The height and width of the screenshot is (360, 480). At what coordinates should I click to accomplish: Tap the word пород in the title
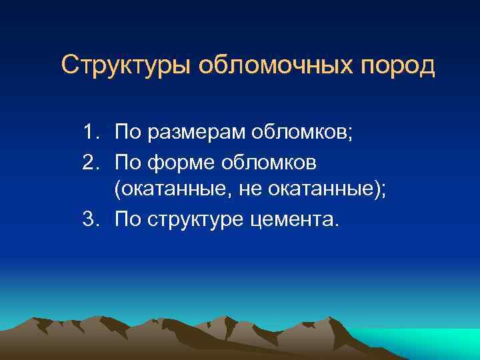coord(396,66)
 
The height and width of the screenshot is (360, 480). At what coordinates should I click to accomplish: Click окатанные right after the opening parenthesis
coord(167,190)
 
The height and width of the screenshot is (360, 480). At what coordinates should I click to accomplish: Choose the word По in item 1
coord(127,133)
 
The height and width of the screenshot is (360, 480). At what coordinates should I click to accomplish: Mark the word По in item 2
coord(127,161)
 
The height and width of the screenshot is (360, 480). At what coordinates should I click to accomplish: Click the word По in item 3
coord(127,219)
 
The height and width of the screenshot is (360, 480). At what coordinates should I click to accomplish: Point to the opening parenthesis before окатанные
coord(117,191)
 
